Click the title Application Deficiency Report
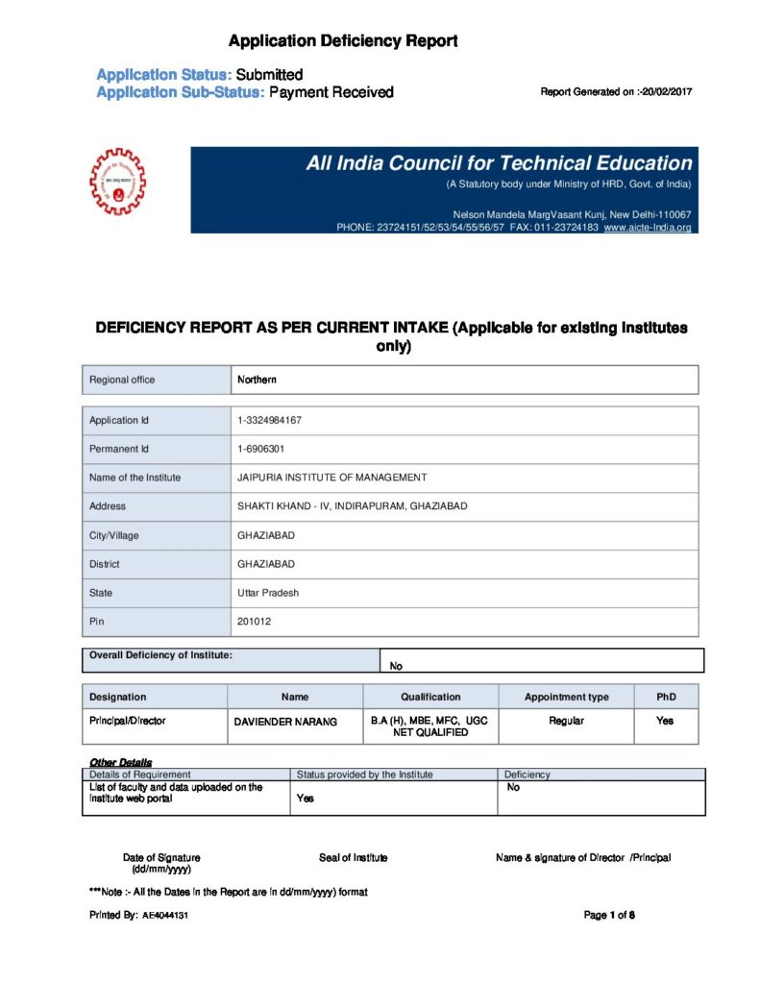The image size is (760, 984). coord(343,40)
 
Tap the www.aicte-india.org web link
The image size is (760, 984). coord(648,228)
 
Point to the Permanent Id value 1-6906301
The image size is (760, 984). coord(260,449)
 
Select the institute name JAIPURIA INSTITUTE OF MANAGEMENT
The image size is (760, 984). coord(332,478)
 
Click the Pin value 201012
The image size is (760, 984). coord(254,622)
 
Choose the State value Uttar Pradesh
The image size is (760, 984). coord(268,593)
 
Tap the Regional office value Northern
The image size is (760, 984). coord(257,380)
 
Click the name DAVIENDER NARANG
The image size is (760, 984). coord(286,722)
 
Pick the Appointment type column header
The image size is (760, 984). coord(566,697)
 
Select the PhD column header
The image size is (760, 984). coord(666,697)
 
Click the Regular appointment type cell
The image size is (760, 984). coord(566,721)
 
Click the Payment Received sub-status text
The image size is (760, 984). coord(331,92)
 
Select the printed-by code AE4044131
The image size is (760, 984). coord(165,916)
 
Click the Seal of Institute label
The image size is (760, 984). coord(354,857)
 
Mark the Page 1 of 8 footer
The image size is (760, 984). coord(609,915)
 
